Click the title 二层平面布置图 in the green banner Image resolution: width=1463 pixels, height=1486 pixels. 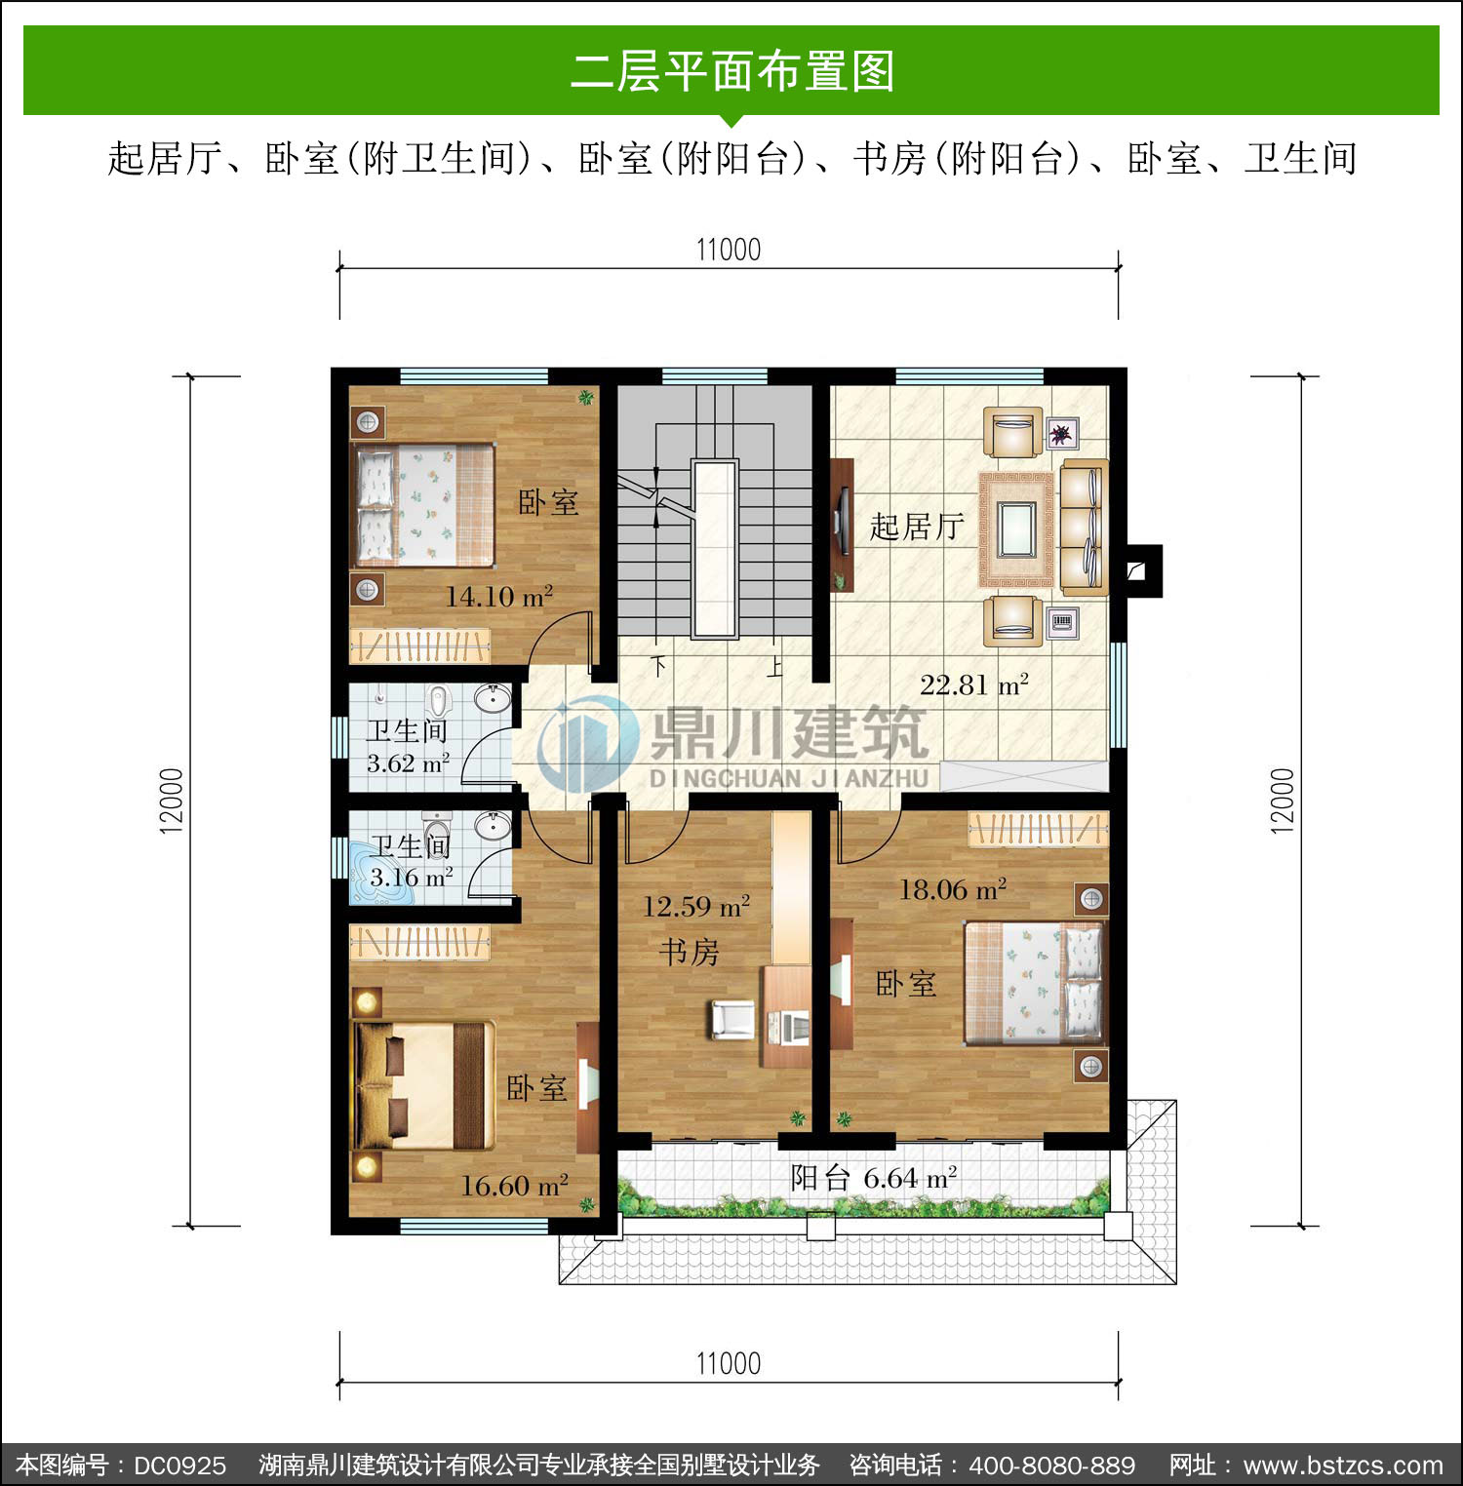(731, 71)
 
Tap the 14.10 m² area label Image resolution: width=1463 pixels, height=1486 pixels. (499, 596)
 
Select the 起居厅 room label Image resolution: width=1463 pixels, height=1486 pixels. (917, 527)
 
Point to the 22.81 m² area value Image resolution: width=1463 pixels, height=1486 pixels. (974, 684)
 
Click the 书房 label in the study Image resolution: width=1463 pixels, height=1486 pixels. (689, 951)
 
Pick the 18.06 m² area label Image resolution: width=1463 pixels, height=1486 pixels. (952, 889)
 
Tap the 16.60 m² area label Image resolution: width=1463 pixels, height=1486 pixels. (514, 1186)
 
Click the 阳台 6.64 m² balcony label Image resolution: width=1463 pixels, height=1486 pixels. (874, 1178)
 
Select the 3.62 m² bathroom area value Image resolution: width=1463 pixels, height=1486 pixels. (408, 763)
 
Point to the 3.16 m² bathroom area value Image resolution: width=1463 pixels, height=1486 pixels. (411, 877)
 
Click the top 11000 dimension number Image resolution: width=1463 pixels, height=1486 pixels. (729, 250)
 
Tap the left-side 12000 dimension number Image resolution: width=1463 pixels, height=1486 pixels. (172, 801)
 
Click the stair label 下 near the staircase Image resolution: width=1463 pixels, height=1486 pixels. (659, 667)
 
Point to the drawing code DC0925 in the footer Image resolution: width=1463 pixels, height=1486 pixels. (179, 1466)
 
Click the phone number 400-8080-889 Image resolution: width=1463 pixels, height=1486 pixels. (1052, 1466)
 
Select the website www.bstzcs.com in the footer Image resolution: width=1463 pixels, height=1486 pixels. (1344, 1466)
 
